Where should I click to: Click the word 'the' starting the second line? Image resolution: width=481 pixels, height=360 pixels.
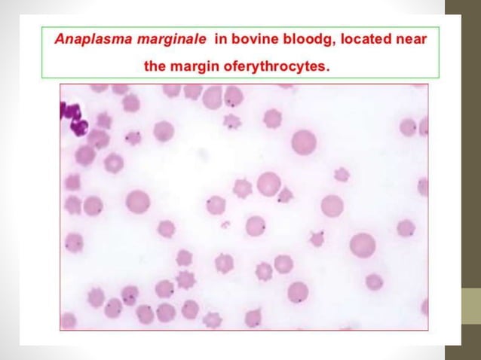click(156, 66)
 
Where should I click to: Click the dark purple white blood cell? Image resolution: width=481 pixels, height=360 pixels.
click(75, 117)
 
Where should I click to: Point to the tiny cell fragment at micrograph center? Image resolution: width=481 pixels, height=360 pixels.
click(224, 224)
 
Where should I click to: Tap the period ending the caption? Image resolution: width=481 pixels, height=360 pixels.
click(329, 69)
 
